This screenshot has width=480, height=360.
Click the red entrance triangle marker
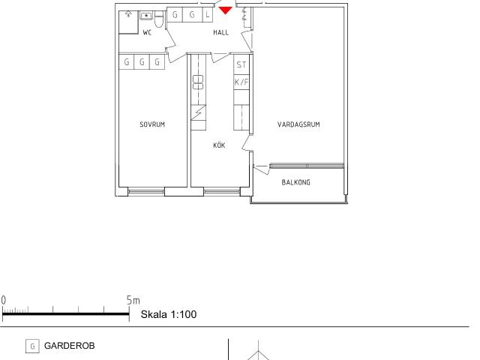coord(226,10)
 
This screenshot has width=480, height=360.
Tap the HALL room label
coord(221,32)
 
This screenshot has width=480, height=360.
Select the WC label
coord(147,32)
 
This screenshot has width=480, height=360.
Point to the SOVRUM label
coord(152,124)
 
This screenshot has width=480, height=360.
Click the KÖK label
coord(219,145)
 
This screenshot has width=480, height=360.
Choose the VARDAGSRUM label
coord(298,124)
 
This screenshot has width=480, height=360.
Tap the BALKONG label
coord(295,182)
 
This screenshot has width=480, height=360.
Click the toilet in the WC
coord(159,20)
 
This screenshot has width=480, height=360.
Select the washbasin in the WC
coord(146,15)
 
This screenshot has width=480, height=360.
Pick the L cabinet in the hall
coord(208,15)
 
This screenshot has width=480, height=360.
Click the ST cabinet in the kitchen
coord(241,64)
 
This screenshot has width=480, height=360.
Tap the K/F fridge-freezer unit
coord(241,82)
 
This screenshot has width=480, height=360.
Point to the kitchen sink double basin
coord(198,82)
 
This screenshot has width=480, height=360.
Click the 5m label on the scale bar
coord(133,300)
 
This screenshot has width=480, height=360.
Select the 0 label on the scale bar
coord(3,300)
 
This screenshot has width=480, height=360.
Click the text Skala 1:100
coord(169,314)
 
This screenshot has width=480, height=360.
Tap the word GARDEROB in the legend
coord(70,346)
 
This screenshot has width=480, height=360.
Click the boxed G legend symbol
coord(32,346)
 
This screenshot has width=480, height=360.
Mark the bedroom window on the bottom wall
coord(146,192)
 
